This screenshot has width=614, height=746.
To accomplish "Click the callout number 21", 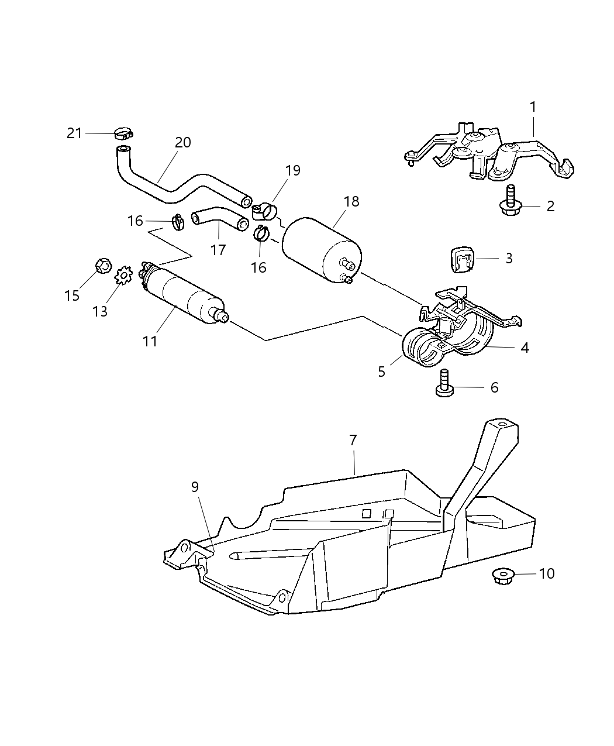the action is (74, 133).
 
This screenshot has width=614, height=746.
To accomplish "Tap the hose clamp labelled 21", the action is (123, 133).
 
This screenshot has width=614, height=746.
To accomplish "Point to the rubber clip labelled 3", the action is (462, 259).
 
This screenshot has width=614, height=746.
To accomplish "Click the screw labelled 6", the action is (444, 383).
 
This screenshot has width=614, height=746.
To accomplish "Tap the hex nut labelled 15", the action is (104, 266).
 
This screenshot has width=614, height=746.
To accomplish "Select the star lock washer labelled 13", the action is (123, 276).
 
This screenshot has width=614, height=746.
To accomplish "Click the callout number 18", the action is (351, 201).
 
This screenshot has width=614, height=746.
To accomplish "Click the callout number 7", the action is (353, 441).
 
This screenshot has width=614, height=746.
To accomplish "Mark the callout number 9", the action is (195, 487).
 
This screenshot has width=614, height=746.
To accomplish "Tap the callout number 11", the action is (150, 342).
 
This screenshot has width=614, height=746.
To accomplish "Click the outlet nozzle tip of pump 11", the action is (225, 318).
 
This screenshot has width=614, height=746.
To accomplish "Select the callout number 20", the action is (183, 143).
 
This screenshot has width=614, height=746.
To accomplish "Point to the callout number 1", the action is (533, 107).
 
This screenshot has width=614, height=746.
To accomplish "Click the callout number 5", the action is (381, 372).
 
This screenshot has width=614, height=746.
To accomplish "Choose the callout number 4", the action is (525, 348).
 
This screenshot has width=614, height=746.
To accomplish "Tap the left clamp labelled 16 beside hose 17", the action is (178, 222).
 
